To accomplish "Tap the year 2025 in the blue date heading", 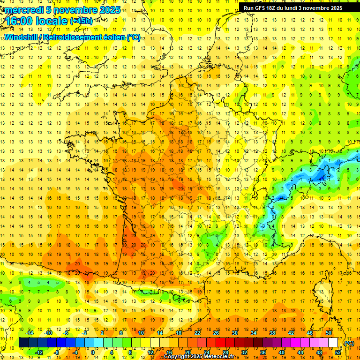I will [109, 10].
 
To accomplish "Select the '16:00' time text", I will [21, 22].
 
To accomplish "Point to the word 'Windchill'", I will [23, 37].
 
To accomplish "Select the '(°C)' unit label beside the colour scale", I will [349, 343].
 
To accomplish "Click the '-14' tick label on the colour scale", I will [30, 333].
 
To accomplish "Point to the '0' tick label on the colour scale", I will [92, 352].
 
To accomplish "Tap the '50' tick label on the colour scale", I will [329, 333].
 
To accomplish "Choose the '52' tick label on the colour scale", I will [338, 352].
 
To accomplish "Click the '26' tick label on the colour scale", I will [216, 333].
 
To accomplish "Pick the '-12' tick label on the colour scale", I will [39, 352].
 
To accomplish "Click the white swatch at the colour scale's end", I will [333, 343].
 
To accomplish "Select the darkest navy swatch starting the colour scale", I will [23, 343].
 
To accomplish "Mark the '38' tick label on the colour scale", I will [272, 333].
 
